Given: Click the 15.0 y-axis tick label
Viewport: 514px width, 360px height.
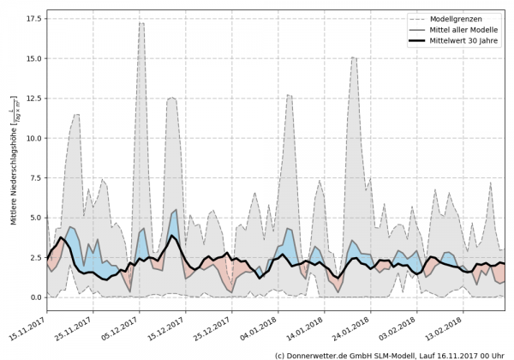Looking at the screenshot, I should [33, 58].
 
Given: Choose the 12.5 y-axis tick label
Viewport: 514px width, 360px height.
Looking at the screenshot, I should [33, 99].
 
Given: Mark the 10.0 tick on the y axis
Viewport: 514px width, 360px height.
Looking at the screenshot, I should [33, 138].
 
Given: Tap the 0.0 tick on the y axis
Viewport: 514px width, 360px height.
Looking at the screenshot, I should [35, 297].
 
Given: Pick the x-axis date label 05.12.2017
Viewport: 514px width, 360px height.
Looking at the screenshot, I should [120, 327].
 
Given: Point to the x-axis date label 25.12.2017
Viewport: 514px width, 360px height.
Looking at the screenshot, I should [212, 327].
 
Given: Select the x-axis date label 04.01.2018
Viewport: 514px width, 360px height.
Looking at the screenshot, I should [259, 327].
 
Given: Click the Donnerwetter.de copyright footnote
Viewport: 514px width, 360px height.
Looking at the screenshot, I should [390, 353].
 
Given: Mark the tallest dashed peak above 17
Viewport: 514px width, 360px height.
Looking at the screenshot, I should [141, 23].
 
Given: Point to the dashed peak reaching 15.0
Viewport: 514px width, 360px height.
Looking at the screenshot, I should [354, 57].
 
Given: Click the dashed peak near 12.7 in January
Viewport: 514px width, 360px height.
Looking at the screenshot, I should [290, 95].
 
